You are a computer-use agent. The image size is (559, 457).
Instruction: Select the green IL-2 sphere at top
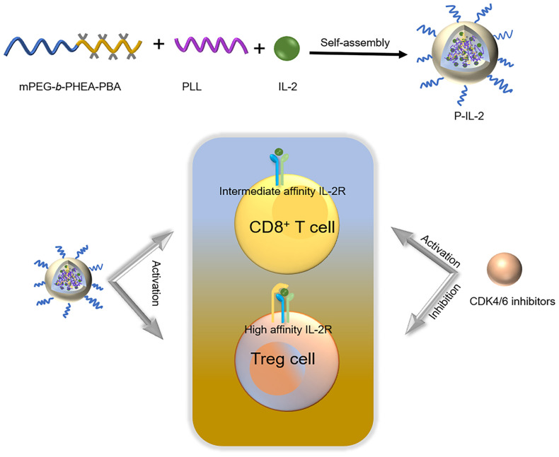click(286, 48)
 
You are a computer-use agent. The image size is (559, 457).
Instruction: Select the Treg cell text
click(282, 359)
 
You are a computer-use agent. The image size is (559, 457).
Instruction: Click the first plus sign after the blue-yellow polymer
click(159, 45)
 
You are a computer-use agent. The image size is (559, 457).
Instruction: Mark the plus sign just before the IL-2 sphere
click(260, 48)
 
